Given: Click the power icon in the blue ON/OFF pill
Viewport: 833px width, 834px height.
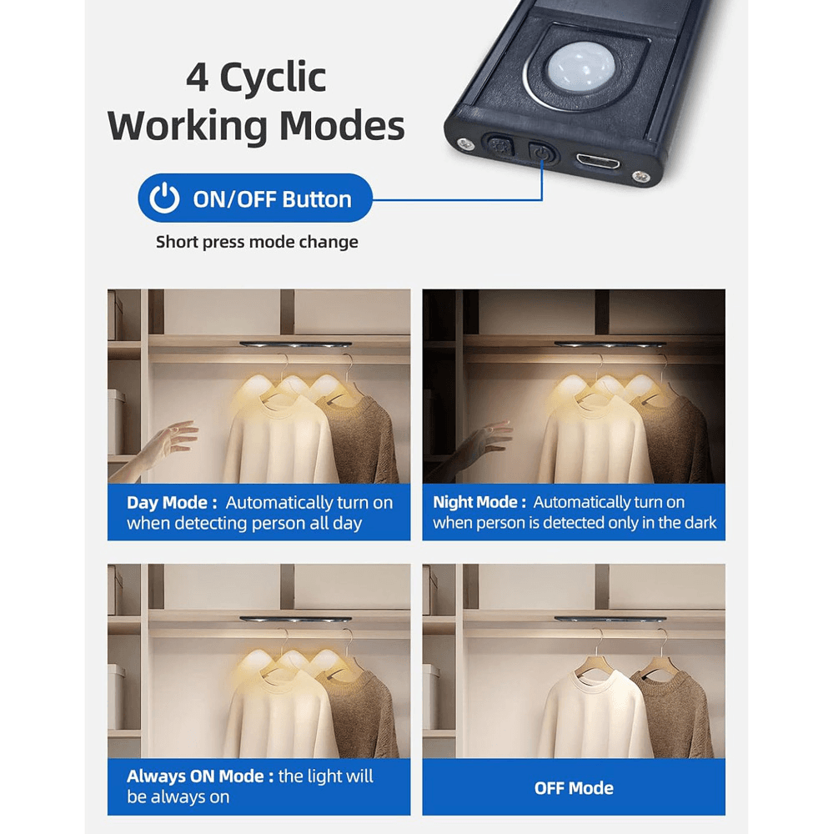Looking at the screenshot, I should click(164, 198).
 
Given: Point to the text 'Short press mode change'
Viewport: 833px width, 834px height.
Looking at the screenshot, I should click(257, 242).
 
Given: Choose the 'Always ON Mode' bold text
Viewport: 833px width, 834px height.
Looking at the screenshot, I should click(200, 776).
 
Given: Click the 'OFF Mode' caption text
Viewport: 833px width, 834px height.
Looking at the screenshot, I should click(574, 788).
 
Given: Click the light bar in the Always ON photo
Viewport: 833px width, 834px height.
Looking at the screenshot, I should click(296, 619).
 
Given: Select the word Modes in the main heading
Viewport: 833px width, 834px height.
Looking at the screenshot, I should click(342, 126).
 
